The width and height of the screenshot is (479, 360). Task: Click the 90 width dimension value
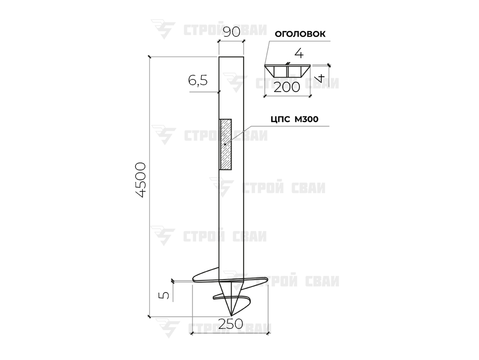[x=231, y=32]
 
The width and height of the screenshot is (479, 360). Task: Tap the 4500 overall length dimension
[x=141, y=180]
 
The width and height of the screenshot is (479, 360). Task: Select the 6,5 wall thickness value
[x=198, y=80]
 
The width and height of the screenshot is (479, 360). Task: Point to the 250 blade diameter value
[x=231, y=324]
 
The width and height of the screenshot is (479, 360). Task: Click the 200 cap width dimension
[x=287, y=87]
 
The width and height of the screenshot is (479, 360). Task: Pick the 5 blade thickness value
[x=164, y=295]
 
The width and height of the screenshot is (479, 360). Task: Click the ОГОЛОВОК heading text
[x=300, y=34]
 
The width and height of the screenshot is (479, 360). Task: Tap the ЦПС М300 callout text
[x=294, y=119]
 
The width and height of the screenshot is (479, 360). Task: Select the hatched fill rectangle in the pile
[x=225, y=144]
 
